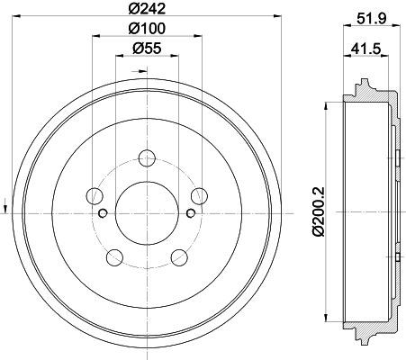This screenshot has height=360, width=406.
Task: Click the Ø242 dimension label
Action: point(147,9)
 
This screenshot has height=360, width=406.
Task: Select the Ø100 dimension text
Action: point(147,29)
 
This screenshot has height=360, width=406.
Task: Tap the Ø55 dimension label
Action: point(147,49)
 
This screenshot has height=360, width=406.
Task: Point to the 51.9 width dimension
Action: point(371,19)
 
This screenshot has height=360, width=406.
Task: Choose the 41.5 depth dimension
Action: point(366,49)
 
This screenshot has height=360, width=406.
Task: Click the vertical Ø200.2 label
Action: point(319,211)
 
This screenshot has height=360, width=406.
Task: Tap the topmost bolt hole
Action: point(147,157)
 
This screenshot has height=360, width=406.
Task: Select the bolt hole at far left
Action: point(95,196)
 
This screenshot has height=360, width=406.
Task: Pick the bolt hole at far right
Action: point(200,196)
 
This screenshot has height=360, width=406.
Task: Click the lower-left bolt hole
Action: point(115,257)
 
